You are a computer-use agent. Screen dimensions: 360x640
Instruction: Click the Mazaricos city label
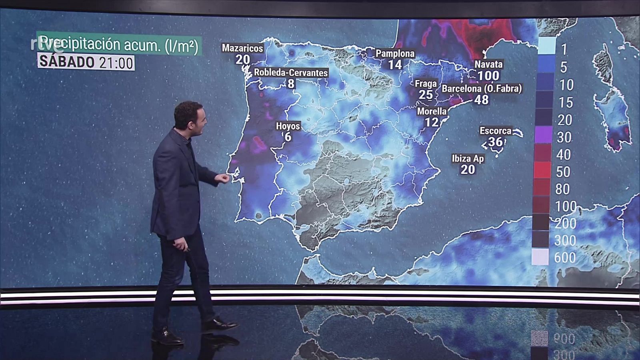click(242, 48)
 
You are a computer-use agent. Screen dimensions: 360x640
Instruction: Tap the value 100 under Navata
click(488, 75)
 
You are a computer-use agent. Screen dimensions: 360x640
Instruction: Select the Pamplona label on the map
click(395, 53)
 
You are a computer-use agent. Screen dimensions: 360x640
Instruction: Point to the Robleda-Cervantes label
click(291, 73)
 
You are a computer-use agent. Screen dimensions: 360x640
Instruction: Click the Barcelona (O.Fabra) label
click(482, 88)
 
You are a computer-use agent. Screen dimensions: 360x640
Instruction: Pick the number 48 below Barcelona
click(481, 100)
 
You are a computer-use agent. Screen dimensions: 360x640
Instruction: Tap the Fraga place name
click(426, 84)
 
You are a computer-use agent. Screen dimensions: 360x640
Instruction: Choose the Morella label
click(432, 111)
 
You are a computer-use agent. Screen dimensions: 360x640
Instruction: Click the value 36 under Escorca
click(495, 142)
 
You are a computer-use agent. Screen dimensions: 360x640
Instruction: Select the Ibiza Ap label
click(468, 158)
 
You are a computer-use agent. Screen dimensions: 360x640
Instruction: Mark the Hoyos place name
click(288, 126)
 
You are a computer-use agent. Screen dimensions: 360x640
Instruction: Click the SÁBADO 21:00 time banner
click(86, 63)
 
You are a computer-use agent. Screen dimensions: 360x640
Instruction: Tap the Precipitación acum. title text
click(119, 46)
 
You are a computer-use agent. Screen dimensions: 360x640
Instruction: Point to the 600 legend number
click(565, 258)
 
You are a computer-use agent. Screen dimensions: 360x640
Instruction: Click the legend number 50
click(563, 172)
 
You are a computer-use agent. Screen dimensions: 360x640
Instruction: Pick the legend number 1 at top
click(564, 49)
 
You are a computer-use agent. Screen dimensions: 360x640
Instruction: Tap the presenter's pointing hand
click(223, 178)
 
